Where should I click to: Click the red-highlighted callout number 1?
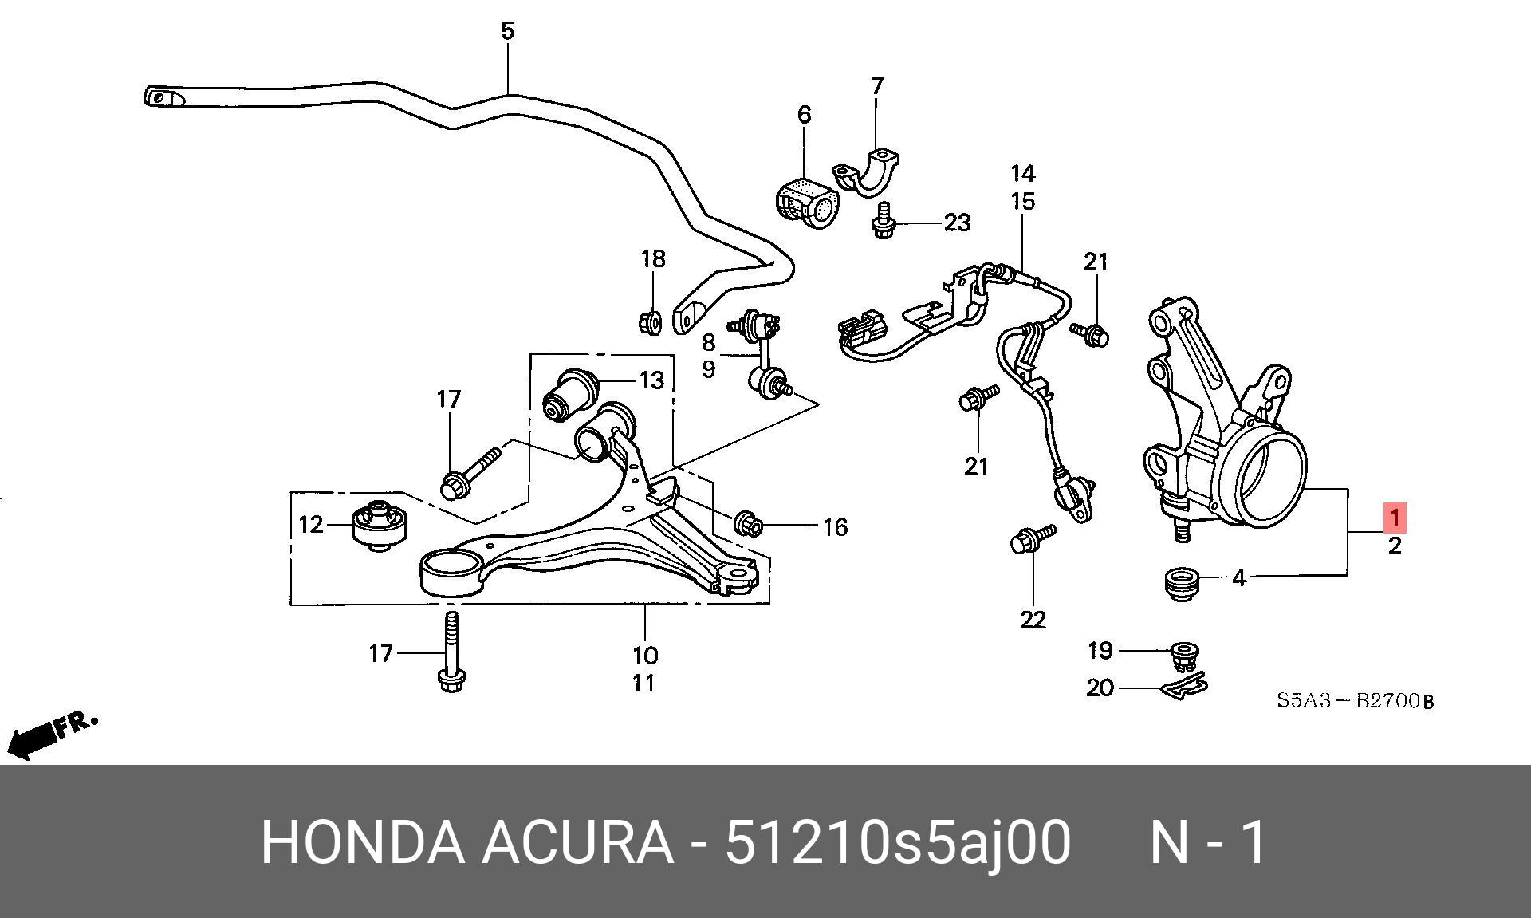[x=1395, y=518]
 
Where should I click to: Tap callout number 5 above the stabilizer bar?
[x=508, y=31]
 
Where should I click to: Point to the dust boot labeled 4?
[x=1179, y=586]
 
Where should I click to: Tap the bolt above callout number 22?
[x=1032, y=538]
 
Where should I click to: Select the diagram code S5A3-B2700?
[x=1355, y=701]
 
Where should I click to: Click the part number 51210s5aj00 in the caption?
[x=896, y=842]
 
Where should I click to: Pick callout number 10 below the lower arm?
[x=645, y=656]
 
